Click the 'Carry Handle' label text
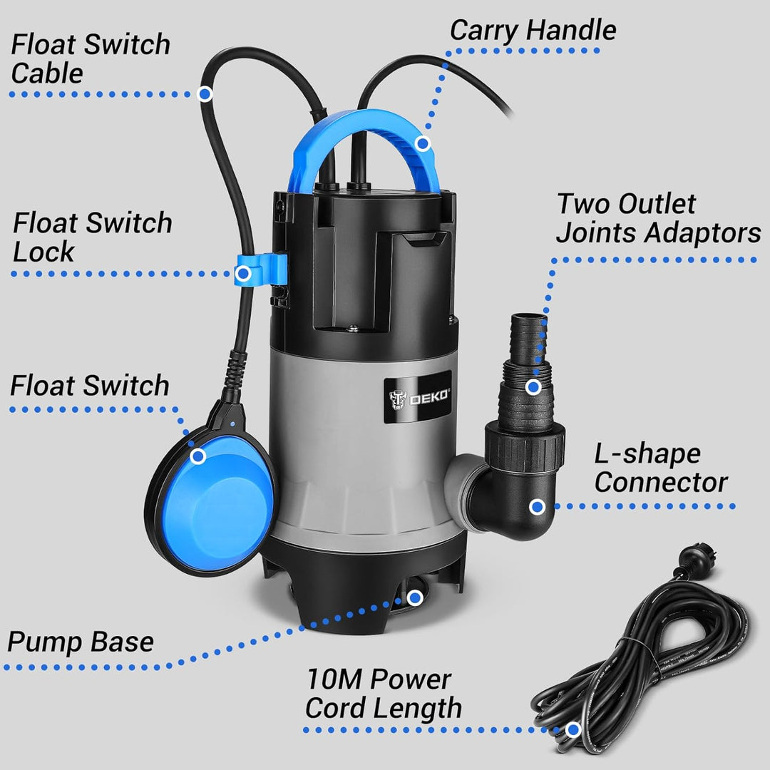pyautogui.click(x=533, y=31)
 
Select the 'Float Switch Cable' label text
pyautogui.click(x=90, y=58)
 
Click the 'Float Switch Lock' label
pyautogui.click(x=92, y=237)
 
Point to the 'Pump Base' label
pyautogui.click(x=81, y=642)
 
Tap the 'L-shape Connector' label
pyautogui.click(x=660, y=468)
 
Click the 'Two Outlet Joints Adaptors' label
pyautogui.click(x=657, y=218)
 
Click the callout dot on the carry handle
pyautogui.click(x=423, y=144)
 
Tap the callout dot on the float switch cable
pyautogui.click(x=205, y=93)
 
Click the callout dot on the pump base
pyautogui.click(x=412, y=597)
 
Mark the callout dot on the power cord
pyautogui.click(x=572, y=729)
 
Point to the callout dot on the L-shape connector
pyautogui.click(x=538, y=507)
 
